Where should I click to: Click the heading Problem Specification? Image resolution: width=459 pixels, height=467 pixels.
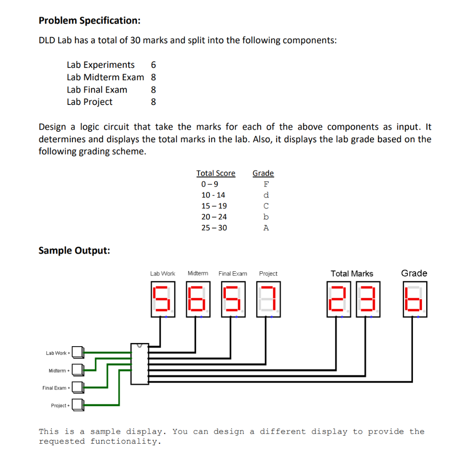pos(89,21)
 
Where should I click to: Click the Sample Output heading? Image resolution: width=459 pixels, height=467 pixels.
pos(74,250)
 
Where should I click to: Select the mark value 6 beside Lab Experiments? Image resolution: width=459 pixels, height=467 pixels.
pos(153,65)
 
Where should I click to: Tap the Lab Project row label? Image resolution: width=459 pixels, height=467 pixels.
pos(89,102)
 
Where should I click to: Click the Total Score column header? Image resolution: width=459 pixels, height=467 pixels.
pos(216,173)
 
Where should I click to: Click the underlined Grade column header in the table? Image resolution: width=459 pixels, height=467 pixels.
pos(263,173)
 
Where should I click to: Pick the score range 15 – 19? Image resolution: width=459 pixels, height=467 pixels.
pos(214,206)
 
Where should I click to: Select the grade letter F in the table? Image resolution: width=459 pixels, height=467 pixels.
pos(266,184)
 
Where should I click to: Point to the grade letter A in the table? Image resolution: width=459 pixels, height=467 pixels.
pos(266,228)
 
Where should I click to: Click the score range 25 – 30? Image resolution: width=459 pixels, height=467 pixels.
pos(214,228)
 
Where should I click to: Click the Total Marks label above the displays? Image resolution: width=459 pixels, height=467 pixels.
pos(352,274)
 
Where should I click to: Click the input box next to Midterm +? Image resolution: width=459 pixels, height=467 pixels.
pos(78,370)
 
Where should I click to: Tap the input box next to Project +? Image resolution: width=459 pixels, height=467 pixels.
pos(78,405)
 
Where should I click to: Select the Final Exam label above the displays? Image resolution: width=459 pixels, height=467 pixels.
pos(233,274)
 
